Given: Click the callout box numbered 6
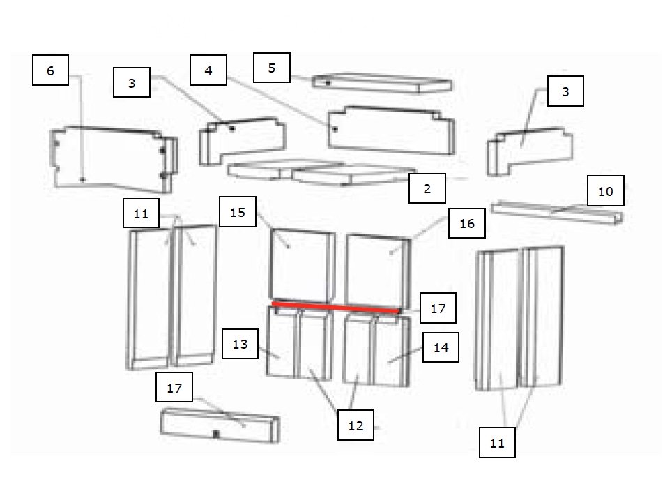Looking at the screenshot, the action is tap(51, 70).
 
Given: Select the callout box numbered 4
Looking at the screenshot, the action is tap(208, 70).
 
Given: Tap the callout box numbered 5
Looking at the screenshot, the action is tap(272, 68).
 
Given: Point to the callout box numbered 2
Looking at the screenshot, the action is tap(427, 188).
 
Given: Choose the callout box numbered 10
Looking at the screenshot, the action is tap(605, 191).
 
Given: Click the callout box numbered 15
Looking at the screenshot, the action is tap(238, 211).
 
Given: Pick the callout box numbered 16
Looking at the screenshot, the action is tap(467, 223).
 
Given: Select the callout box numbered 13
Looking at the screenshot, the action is tap(240, 344).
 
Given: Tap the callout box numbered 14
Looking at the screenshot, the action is tap(441, 347).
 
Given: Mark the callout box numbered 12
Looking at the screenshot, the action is tap(356, 425).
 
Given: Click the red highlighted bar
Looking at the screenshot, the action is tap(337, 307).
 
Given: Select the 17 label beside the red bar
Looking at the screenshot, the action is tap(438, 308).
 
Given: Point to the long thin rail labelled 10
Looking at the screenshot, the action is tap(557, 212).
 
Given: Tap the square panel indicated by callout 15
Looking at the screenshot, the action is tap(303, 266).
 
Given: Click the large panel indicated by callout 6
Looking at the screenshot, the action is tap(114, 160).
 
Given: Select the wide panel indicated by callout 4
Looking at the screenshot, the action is tap(391, 130).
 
